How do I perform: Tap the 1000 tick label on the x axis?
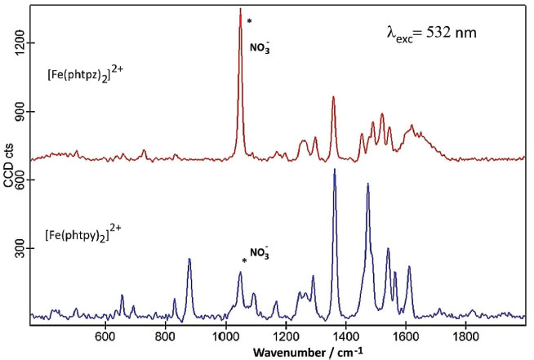coord(225,335)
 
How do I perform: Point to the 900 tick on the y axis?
coord(17,112)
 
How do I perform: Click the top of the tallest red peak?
coord(240,9)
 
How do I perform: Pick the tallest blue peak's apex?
coord(335,170)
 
